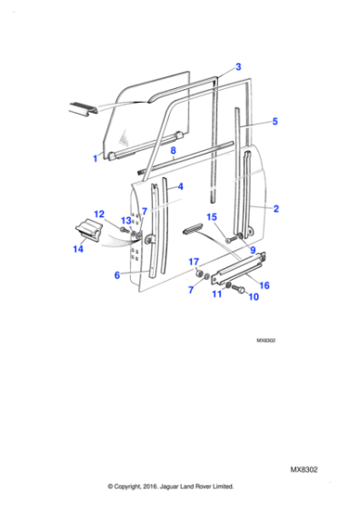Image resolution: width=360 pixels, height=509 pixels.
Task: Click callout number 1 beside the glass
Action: (x=95, y=158)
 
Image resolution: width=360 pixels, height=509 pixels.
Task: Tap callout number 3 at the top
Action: (x=238, y=67)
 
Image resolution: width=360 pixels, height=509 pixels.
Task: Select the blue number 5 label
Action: (x=275, y=122)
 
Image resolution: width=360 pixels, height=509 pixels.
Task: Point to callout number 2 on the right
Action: (x=276, y=209)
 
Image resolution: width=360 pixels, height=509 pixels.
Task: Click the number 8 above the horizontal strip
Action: (x=173, y=150)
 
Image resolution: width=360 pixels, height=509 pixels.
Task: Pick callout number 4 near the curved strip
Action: (x=181, y=186)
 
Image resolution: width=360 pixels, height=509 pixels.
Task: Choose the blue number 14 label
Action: (x=78, y=249)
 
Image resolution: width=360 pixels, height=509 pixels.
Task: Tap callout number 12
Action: (x=99, y=215)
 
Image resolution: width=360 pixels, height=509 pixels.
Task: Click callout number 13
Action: (x=126, y=221)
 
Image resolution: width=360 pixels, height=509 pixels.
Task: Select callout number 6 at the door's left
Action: (x=117, y=275)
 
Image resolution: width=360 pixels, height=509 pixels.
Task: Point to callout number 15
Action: (x=211, y=217)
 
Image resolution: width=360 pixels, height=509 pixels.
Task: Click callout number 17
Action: (x=194, y=262)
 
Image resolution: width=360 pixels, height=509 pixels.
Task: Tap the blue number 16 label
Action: (x=265, y=285)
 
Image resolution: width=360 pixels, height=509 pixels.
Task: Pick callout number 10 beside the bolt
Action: (x=254, y=296)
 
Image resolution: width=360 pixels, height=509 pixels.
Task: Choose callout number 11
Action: (x=216, y=294)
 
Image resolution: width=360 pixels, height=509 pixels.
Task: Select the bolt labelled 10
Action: (x=238, y=289)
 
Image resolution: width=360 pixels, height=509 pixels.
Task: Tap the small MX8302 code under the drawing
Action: (x=265, y=341)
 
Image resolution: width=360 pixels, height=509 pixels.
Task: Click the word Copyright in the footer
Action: (x=127, y=486)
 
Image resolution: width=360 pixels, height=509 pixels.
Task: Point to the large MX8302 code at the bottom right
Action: (x=304, y=470)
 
